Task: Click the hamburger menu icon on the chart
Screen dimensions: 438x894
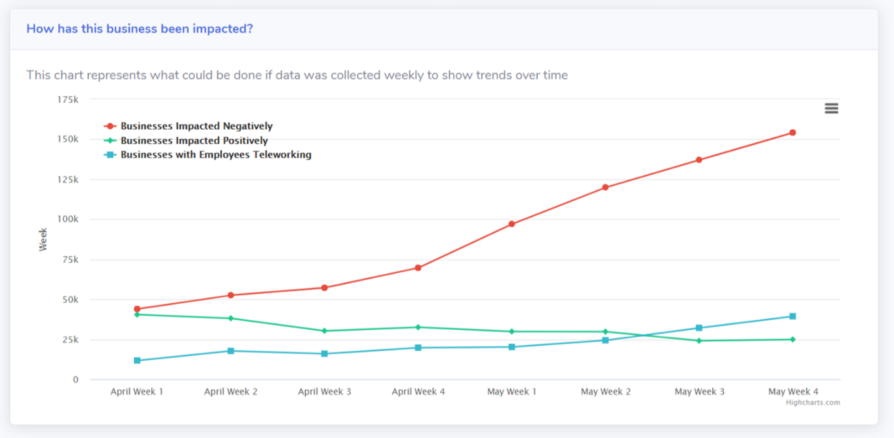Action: [831, 109]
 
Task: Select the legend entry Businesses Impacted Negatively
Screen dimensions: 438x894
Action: [196, 126]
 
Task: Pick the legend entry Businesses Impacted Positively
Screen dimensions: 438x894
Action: [194, 141]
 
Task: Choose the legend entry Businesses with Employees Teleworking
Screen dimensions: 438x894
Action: [215, 154]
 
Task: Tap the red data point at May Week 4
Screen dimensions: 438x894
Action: [792, 133]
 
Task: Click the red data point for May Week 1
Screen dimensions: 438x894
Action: [511, 224]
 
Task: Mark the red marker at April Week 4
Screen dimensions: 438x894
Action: [418, 268]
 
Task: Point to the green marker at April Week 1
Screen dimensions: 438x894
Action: [137, 315]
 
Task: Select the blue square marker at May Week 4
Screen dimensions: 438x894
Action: [792, 316]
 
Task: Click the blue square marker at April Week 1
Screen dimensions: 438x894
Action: [137, 361]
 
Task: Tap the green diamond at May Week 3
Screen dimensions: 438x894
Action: [699, 341]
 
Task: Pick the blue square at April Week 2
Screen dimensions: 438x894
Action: [231, 351]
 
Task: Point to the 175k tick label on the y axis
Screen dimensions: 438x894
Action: [68, 99]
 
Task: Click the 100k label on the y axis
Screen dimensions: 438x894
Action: [68, 219]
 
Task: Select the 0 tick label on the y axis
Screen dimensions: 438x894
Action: [75, 380]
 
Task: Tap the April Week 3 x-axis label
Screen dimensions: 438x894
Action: [325, 392]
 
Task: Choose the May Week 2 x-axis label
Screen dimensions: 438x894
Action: [605, 392]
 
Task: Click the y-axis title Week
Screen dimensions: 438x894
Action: [43, 240]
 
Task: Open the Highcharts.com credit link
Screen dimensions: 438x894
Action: [813, 403]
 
